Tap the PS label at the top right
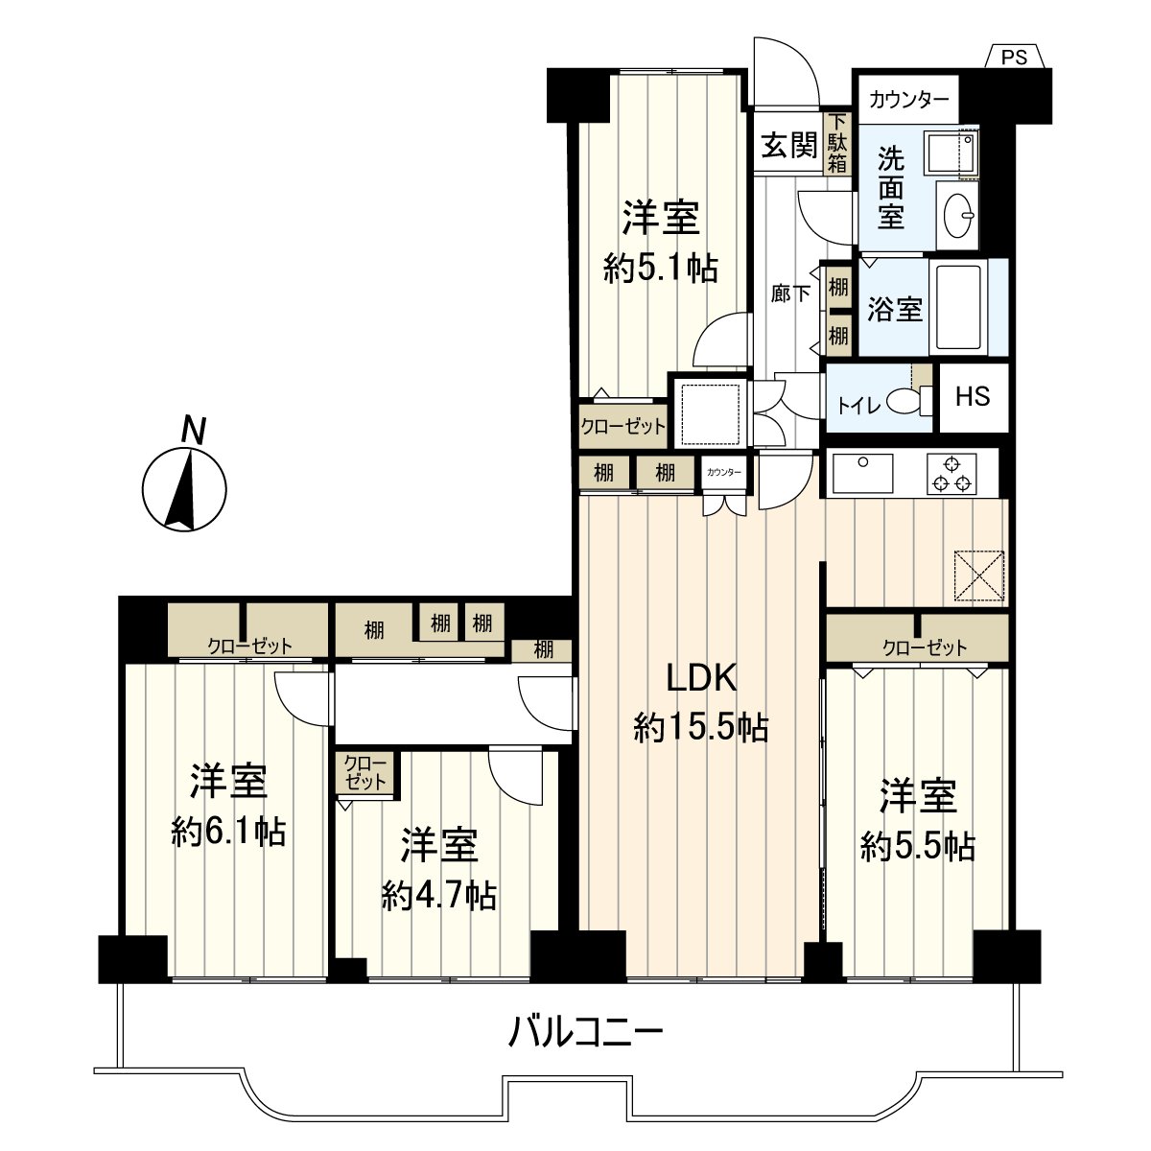(1014, 58)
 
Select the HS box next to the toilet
(973, 396)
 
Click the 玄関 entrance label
(788, 146)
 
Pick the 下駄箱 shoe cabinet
(838, 144)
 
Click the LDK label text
(701, 679)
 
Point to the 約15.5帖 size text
(700, 730)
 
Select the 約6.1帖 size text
(228, 832)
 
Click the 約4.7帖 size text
(438, 896)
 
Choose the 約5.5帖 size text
(918, 846)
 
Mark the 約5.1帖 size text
(661, 269)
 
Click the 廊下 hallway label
(788, 294)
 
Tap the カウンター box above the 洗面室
(908, 99)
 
